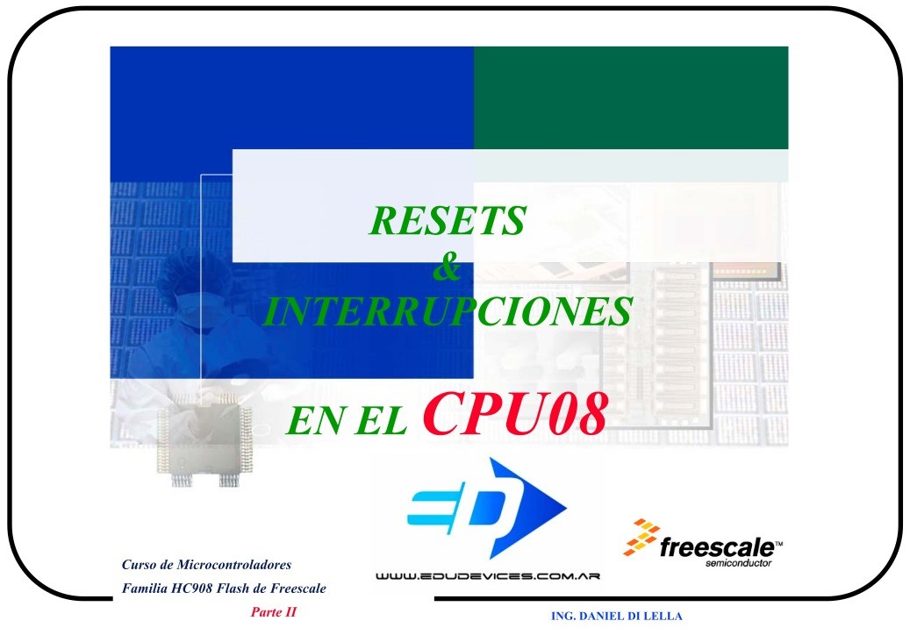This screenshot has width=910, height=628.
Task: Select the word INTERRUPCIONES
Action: pos(448,312)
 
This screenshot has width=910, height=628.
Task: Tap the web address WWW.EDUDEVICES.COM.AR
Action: pos(487,577)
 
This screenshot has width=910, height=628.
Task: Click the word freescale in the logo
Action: pos(716,548)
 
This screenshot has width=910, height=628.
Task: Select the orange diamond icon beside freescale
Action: pos(641,538)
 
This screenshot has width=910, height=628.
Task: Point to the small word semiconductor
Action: pos(739,563)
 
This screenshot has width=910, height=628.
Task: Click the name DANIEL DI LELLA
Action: pos(630,616)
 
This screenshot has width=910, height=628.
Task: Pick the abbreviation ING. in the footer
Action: pos(562,616)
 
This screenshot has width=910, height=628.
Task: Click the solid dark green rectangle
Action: pos(630,97)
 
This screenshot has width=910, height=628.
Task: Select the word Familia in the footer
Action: pos(143,587)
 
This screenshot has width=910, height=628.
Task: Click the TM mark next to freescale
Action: pos(779,544)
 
